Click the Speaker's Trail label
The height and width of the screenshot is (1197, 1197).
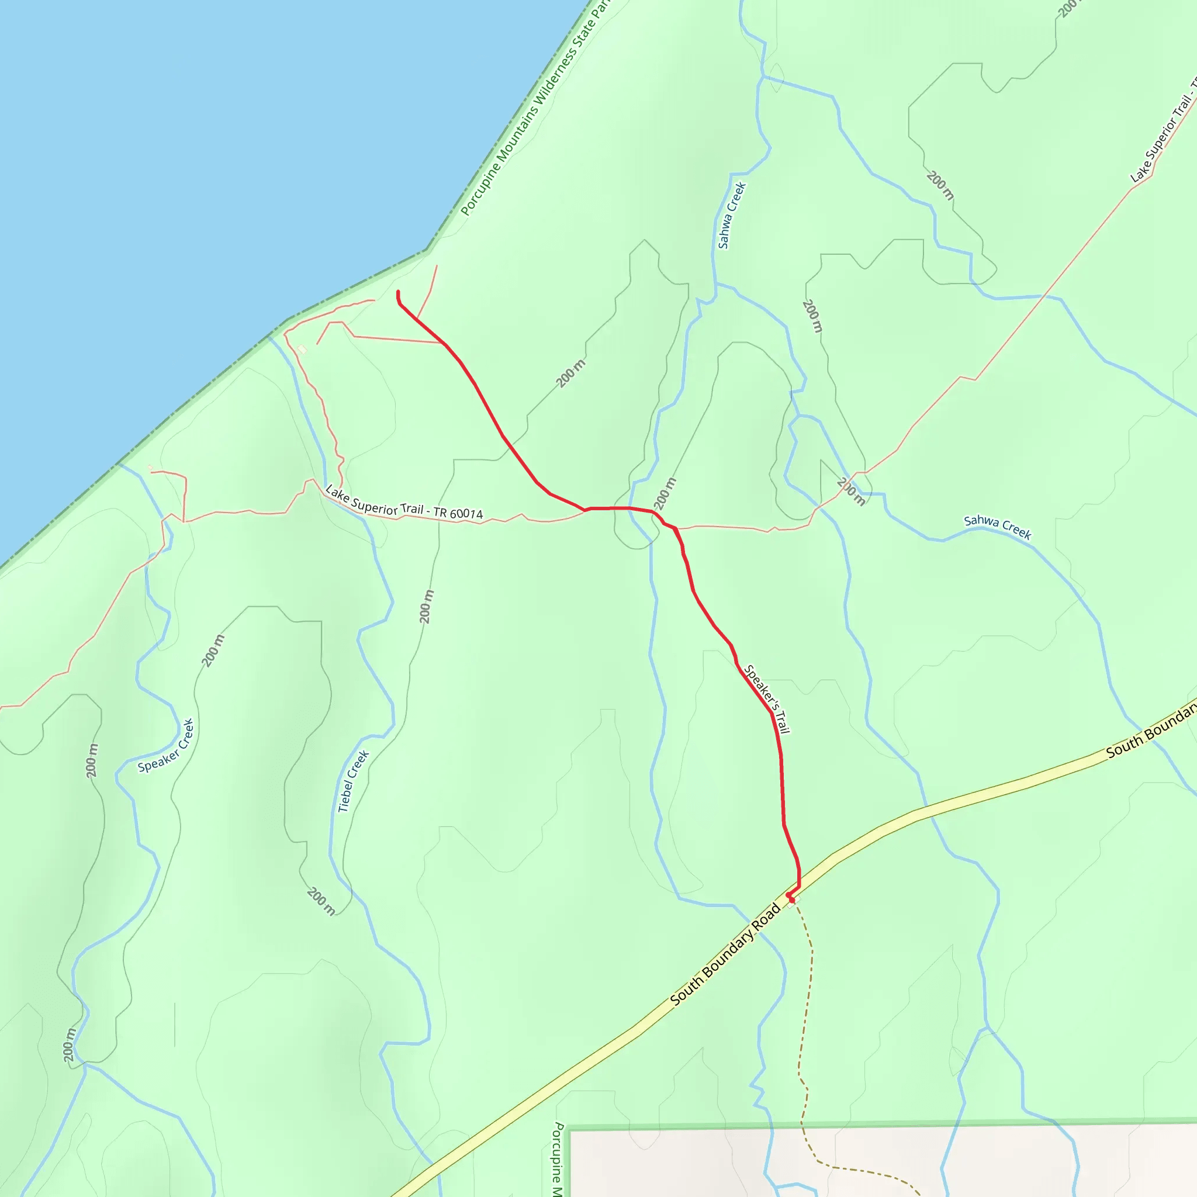766,699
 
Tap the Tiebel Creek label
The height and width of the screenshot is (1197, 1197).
353,781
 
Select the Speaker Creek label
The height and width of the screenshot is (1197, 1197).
166,746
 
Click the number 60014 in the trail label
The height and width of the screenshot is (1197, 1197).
466,513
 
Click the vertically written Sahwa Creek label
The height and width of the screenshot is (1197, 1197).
732,215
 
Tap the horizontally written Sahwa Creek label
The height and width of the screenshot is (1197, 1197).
998,527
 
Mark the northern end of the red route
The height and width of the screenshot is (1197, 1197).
398,292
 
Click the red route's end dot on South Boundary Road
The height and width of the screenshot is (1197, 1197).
791,900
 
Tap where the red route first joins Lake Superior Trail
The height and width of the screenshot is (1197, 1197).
585,510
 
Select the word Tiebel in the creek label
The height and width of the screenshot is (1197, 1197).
345,799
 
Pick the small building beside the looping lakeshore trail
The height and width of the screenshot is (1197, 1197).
302,350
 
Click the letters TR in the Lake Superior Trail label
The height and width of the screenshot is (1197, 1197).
440,511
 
